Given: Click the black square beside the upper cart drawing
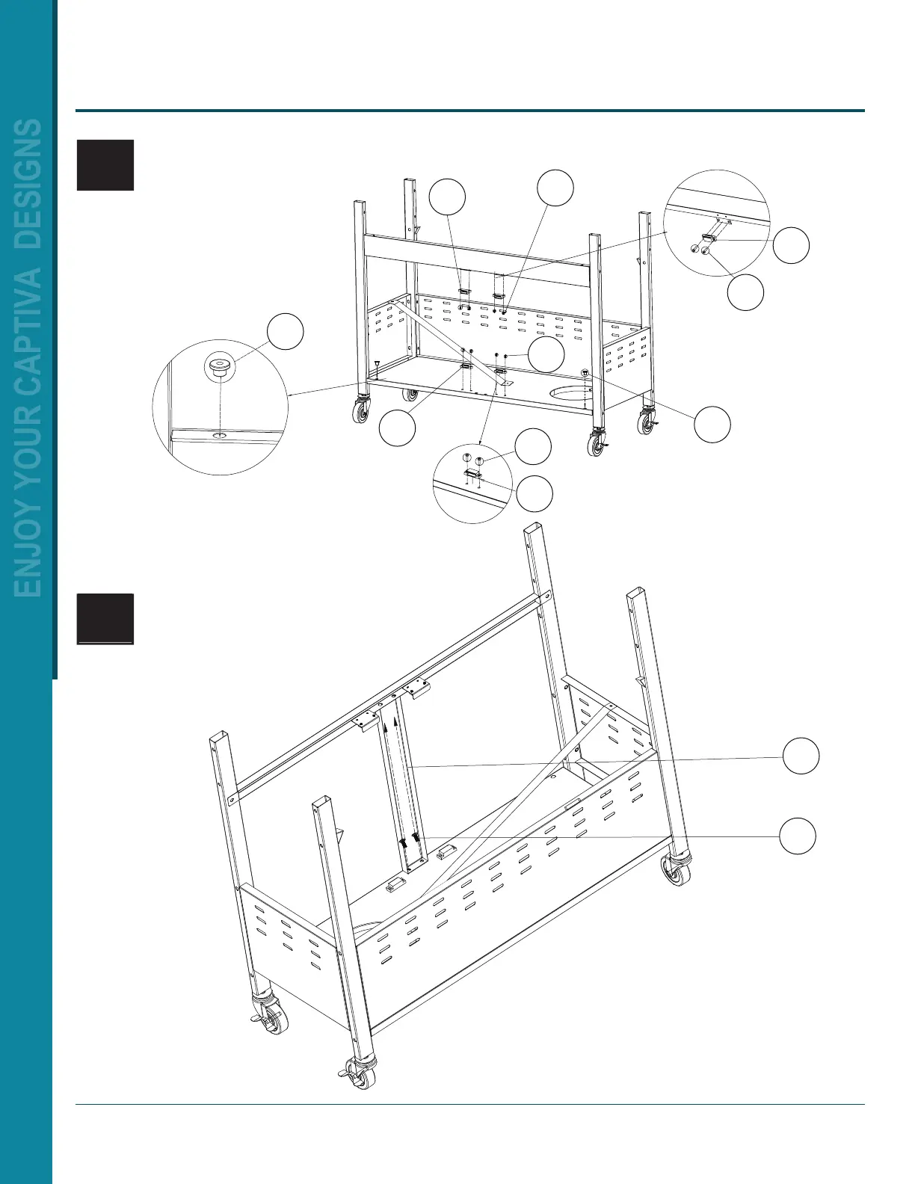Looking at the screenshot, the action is [105, 165].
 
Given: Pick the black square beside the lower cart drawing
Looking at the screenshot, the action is [105, 618].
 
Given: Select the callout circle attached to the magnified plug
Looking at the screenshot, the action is [286, 332].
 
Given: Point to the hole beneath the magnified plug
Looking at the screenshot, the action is [220, 435].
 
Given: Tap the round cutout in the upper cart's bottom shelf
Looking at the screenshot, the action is [569, 392].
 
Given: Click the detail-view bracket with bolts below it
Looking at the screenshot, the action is [709, 238].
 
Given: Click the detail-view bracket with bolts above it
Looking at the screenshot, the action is [472, 473].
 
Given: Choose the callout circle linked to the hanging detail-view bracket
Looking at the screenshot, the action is [790, 246].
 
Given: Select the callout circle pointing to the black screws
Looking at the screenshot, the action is [798, 835].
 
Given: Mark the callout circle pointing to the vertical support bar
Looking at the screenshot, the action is [801, 756].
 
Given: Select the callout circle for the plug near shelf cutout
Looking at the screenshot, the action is [712, 425].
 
